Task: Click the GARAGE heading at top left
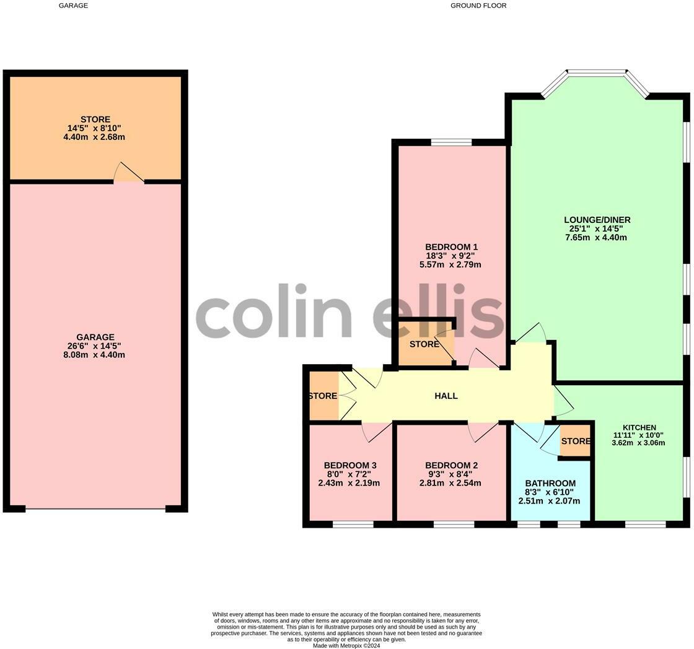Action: click(73, 6)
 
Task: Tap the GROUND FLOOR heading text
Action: click(478, 6)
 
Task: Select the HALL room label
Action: click(446, 396)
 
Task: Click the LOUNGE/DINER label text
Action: click(597, 220)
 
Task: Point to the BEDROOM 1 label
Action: click(451, 247)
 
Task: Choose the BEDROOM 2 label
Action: click(451, 466)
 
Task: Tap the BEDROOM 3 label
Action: click(350, 466)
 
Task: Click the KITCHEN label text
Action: click(639, 428)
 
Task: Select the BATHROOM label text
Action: click(550, 483)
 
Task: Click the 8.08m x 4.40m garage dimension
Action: click(95, 355)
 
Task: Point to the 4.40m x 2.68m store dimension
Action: click(95, 137)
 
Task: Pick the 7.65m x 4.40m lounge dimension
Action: click(596, 237)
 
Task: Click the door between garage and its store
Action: click(129, 174)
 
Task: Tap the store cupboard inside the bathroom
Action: click(576, 442)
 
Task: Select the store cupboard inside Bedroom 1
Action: click(424, 345)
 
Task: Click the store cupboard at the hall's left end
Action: click(323, 396)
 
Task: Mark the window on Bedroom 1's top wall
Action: click(451, 142)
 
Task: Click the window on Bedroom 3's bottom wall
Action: click(353, 525)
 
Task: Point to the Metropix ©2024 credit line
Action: click(346, 645)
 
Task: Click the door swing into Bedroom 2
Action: click(483, 431)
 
